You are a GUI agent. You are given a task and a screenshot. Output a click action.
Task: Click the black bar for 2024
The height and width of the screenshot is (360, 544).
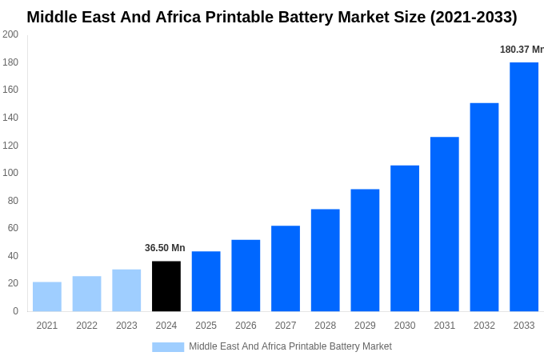(166, 286)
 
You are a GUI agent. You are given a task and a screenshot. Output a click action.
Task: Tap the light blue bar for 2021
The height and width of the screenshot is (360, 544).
(47, 296)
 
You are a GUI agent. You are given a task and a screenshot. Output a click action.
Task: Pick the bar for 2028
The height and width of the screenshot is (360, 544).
(326, 260)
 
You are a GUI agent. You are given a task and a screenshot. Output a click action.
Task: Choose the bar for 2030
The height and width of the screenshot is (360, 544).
(405, 238)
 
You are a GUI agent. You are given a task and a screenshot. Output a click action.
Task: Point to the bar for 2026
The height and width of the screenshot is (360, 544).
(246, 275)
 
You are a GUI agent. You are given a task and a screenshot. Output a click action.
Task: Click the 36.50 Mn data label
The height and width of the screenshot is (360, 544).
(165, 248)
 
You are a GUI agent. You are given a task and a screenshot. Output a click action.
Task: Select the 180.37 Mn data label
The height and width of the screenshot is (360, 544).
(522, 50)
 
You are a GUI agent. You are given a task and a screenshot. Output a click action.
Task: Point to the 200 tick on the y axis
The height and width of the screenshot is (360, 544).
(10, 34)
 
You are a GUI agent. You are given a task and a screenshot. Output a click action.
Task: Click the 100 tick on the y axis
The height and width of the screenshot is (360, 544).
(10, 173)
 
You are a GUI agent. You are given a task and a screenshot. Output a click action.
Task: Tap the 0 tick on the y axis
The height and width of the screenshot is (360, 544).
(15, 311)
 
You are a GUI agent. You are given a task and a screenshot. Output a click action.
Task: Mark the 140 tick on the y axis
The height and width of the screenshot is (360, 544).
(10, 118)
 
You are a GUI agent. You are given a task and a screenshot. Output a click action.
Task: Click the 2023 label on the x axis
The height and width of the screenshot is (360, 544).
(126, 326)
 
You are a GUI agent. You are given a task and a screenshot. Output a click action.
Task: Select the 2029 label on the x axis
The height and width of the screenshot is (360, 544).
(365, 326)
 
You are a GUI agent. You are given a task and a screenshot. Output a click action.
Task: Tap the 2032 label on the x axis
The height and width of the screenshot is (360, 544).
(484, 326)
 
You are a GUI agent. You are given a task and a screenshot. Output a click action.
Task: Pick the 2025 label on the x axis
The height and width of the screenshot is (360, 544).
(206, 326)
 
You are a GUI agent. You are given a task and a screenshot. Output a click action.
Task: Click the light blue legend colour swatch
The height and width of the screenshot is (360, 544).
(168, 347)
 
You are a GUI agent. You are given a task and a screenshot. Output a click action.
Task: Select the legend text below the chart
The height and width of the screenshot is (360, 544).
(290, 346)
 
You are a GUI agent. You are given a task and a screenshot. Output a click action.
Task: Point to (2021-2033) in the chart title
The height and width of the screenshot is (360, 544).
(474, 17)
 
